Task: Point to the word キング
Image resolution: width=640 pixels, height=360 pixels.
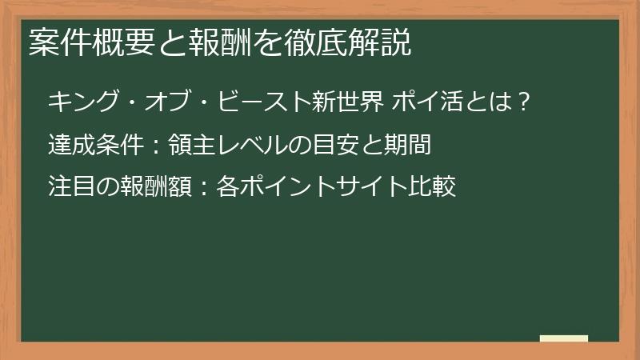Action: point(81,102)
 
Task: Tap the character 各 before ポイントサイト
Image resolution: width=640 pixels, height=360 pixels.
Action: point(227,188)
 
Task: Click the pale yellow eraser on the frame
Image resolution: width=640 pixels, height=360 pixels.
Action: point(564,338)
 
